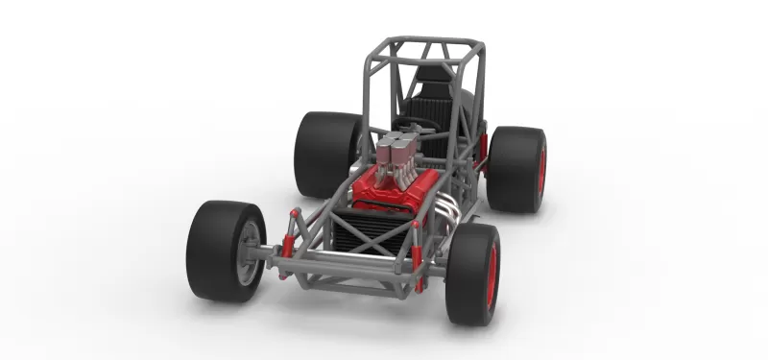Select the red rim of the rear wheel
point(541,170)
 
